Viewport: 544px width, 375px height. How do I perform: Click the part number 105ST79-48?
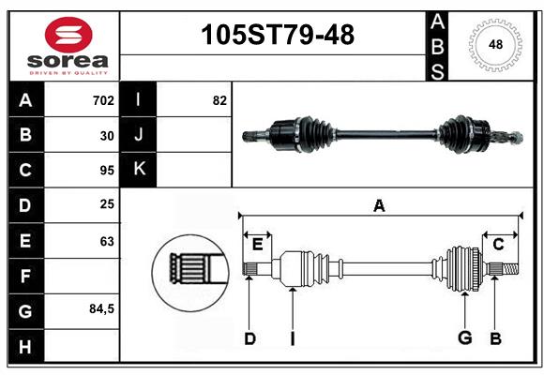click(278, 35)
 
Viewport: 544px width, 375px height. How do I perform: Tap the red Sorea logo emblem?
click(68, 35)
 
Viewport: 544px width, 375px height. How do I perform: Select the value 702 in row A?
click(103, 100)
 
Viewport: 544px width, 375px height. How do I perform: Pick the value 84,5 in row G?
click(101, 308)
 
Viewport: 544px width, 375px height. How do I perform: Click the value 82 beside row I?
click(219, 100)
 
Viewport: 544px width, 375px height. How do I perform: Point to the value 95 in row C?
click(107, 171)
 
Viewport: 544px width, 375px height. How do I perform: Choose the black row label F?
click(26, 277)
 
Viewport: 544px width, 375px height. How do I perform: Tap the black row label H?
click(26, 346)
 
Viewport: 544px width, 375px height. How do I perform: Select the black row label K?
click(139, 170)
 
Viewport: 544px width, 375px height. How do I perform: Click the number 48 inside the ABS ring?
click(495, 44)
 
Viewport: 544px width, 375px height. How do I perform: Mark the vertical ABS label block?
click(437, 47)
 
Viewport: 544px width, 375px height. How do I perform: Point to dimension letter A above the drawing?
click(379, 205)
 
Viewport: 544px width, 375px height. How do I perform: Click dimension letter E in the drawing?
click(257, 245)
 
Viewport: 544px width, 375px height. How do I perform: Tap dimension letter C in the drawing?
click(498, 245)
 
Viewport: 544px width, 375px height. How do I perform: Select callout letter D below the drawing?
click(249, 338)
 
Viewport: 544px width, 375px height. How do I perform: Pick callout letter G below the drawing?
click(465, 337)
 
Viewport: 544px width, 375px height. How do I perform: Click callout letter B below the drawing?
click(495, 338)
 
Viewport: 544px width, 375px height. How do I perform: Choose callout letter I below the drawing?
click(293, 338)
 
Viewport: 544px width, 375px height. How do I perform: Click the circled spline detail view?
click(190, 273)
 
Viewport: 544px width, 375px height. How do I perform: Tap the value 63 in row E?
click(107, 241)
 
